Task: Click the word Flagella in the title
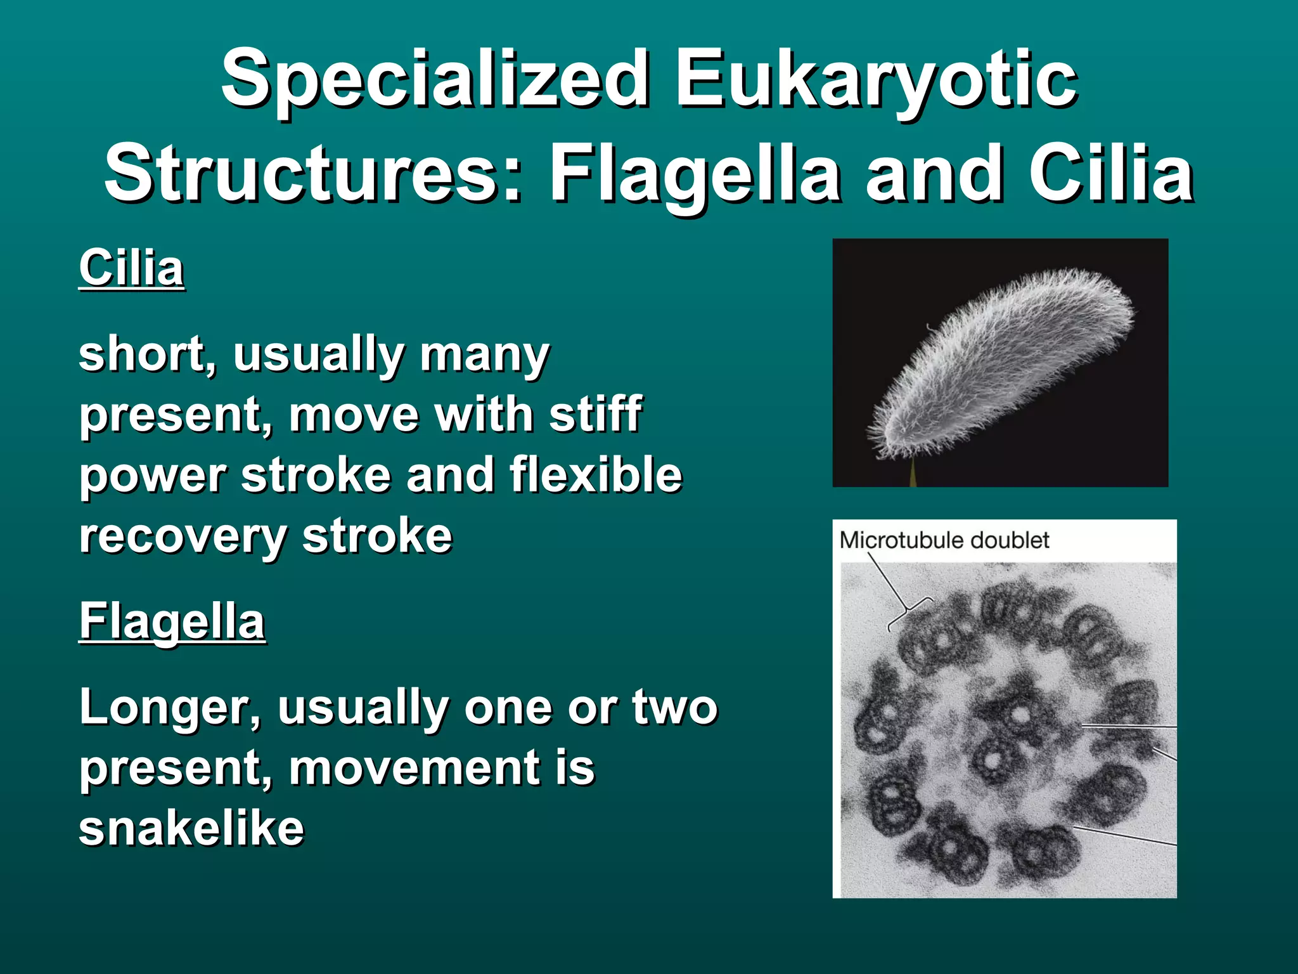pyautogui.click(x=695, y=174)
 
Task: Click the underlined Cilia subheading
pyautogui.click(x=131, y=268)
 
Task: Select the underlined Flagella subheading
pyautogui.click(x=172, y=621)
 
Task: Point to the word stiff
pyautogui.click(x=596, y=414)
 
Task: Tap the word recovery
pyautogui.click(x=183, y=536)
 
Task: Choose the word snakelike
pyautogui.click(x=191, y=828)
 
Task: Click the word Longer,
pyautogui.click(x=170, y=708)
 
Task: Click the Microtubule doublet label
pyautogui.click(x=944, y=540)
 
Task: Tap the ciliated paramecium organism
pyautogui.click(x=1001, y=361)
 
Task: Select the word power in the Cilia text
pyautogui.click(x=153, y=475)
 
